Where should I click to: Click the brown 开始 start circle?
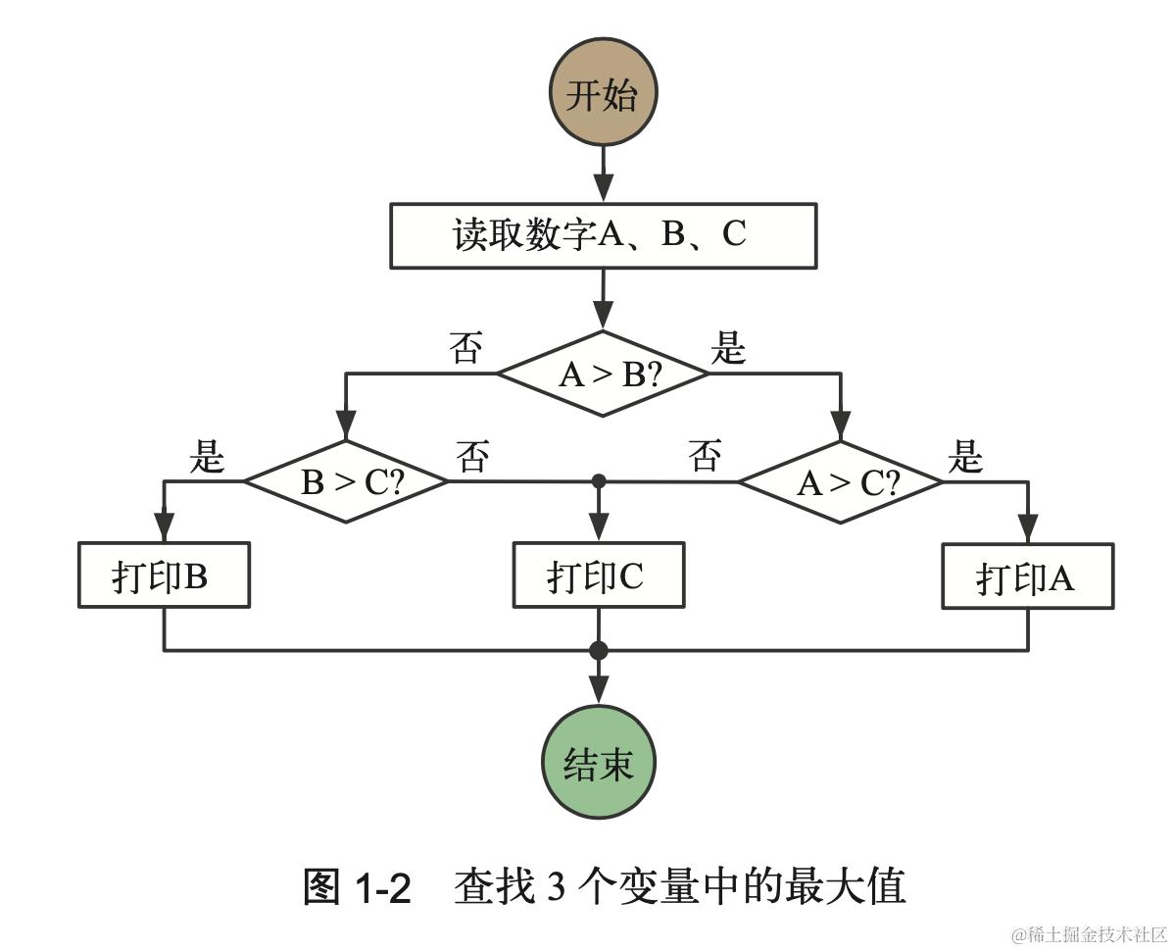pos(603,94)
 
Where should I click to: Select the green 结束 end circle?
pos(599,762)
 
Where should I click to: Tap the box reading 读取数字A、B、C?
pos(603,235)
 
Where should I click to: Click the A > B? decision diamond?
pos(603,374)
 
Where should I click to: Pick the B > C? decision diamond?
pos(345,481)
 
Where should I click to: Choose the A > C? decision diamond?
pos(840,481)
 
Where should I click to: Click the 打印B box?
pos(164,576)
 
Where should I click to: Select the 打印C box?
pos(599,576)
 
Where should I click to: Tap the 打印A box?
pos(1027,576)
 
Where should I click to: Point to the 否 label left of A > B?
pos(465,348)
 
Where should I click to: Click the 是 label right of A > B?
pos(728,348)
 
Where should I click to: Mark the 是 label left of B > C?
pos(207,457)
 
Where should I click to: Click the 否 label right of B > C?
pos(472,457)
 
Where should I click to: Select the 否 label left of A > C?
pos(705,457)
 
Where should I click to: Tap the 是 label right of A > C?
pos(965,457)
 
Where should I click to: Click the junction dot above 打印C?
pos(599,481)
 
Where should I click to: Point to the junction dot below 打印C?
pos(599,650)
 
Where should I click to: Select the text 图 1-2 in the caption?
pos(357,887)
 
